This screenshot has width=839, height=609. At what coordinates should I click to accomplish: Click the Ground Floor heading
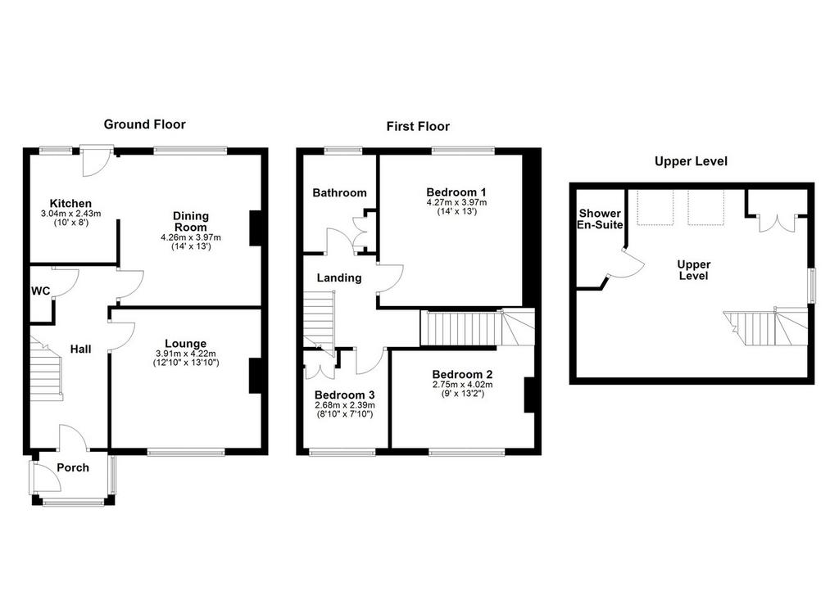tap(144, 124)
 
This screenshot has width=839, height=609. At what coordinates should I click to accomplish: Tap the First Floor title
tap(418, 127)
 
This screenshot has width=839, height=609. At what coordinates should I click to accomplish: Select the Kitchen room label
tap(70, 203)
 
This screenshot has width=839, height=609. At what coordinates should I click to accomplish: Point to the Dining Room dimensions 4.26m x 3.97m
tap(191, 237)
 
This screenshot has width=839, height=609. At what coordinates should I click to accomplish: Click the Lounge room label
tap(186, 344)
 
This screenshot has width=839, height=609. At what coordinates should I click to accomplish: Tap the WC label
tap(41, 291)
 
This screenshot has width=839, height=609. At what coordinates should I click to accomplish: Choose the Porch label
tap(73, 468)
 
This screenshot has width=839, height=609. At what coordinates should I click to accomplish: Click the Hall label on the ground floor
tap(81, 350)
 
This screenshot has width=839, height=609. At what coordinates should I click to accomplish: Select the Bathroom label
tap(340, 192)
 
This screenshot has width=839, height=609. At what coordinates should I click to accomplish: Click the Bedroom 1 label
tap(456, 192)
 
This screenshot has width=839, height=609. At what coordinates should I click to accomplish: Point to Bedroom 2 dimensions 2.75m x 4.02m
tap(463, 385)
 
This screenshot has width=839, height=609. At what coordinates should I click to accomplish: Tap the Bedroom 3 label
tap(345, 395)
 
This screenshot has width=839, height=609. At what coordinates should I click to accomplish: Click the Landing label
tap(339, 278)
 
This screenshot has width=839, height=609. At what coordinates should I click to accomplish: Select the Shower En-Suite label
tap(600, 219)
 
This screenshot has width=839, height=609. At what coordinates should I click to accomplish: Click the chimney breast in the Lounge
tap(255, 376)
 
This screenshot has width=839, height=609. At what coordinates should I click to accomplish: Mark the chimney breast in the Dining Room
tap(256, 228)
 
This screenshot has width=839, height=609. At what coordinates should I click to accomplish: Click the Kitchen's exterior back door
tap(97, 160)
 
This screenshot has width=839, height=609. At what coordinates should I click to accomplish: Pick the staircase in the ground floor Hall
tap(47, 369)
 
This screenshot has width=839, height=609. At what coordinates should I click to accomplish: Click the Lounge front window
tap(186, 453)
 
